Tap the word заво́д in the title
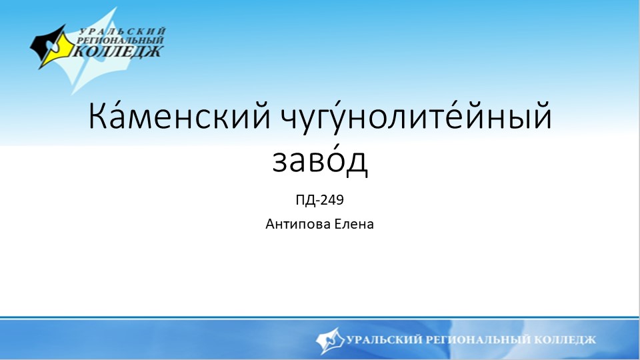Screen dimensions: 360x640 [x=320, y=161]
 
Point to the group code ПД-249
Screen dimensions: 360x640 [x=319, y=199]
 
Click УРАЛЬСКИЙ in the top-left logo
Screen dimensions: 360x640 [x=123, y=31]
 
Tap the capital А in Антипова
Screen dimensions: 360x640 [x=270, y=224]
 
